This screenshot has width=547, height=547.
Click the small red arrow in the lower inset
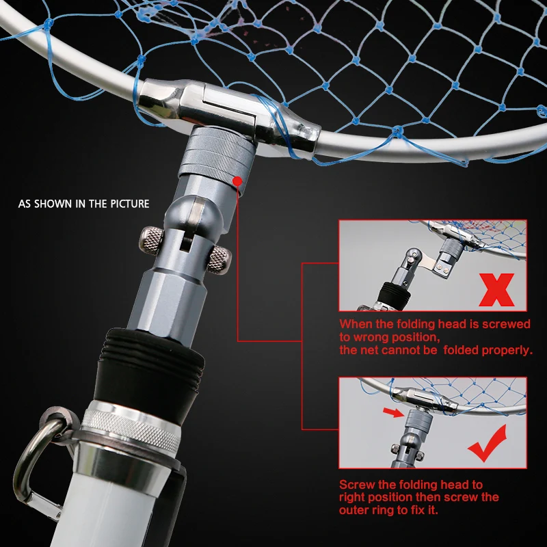(x=392, y=413)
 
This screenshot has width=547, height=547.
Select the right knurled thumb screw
(x=219, y=259)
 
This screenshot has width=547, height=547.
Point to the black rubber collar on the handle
(x=154, y=362)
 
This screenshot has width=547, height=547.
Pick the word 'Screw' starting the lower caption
(x=356, y=485)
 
